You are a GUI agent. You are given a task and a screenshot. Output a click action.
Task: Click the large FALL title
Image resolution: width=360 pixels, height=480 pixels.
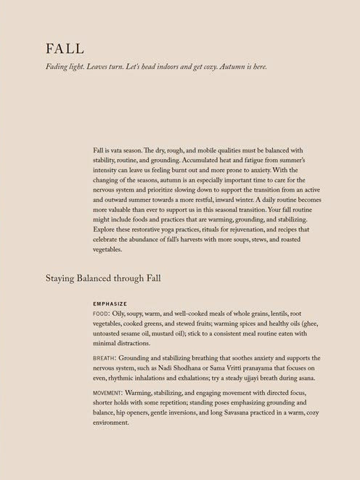point(65,49)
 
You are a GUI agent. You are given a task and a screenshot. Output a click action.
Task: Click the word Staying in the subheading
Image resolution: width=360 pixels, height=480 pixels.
point(62,277)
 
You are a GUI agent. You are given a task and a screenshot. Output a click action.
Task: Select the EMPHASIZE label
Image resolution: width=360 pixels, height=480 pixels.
point(110,304)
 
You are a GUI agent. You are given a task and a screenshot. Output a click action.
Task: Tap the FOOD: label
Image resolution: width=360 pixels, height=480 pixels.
point(102,313)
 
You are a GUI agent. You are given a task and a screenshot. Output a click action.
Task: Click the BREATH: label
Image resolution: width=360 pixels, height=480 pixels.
point(106,359)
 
